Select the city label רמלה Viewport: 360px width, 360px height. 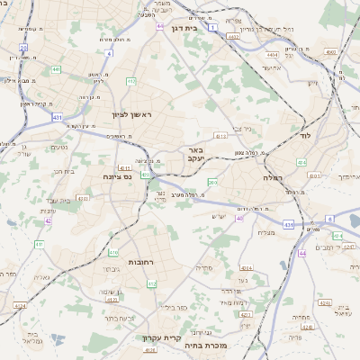tap(274, 178)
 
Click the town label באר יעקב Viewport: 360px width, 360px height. tap(197, 154)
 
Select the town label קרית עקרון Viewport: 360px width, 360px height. tap(162, 338)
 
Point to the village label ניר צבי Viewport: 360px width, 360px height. tap(240, 130)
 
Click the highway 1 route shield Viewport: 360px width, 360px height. tap(212, 28)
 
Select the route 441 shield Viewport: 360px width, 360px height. tap(56, 69)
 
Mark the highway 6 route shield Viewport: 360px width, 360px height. tap(329, 219)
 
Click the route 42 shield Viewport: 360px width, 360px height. tap(48, 220)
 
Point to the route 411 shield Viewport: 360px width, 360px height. tap(39, 245)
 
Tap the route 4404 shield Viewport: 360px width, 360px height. tap(272, 55)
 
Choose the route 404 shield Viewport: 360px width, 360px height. tap(301, 163)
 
